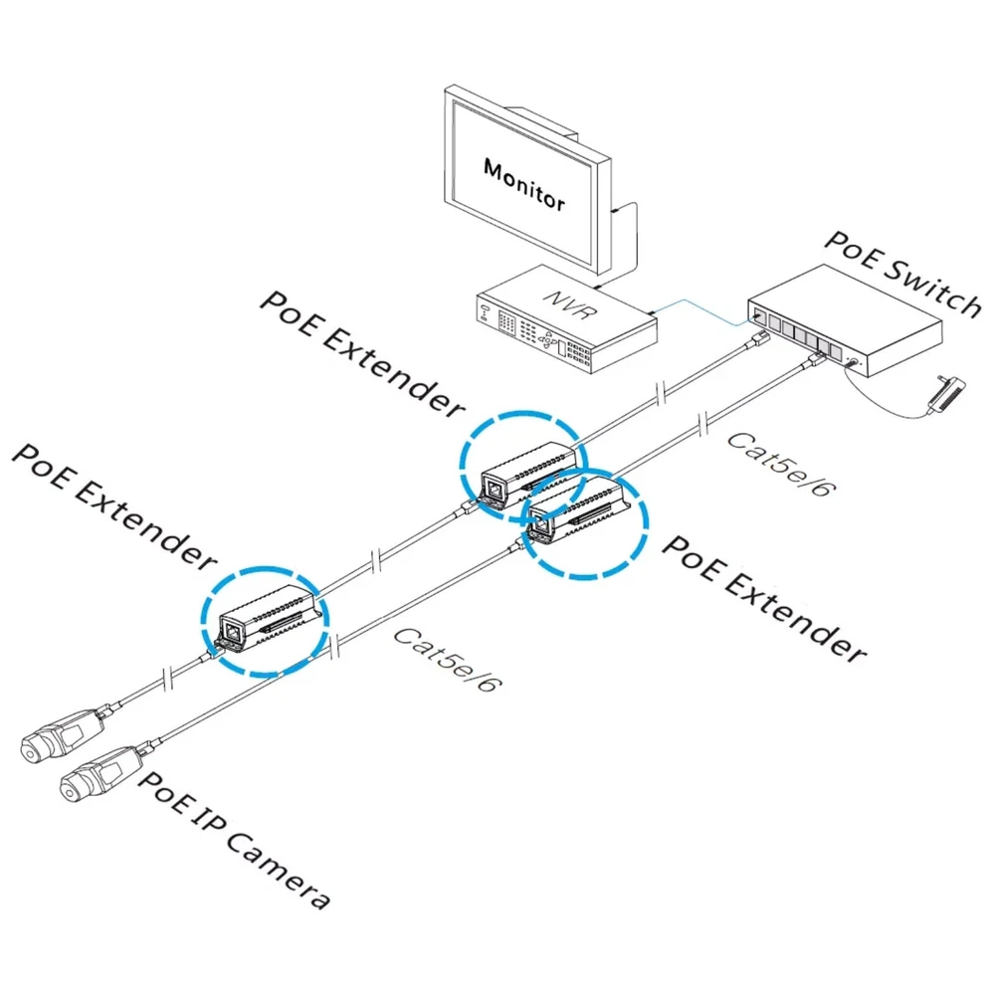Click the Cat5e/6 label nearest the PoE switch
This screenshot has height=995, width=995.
pyautogui.click(x=776, y=466)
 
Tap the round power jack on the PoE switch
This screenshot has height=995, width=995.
pyautogui.click(x=851, y=364)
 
